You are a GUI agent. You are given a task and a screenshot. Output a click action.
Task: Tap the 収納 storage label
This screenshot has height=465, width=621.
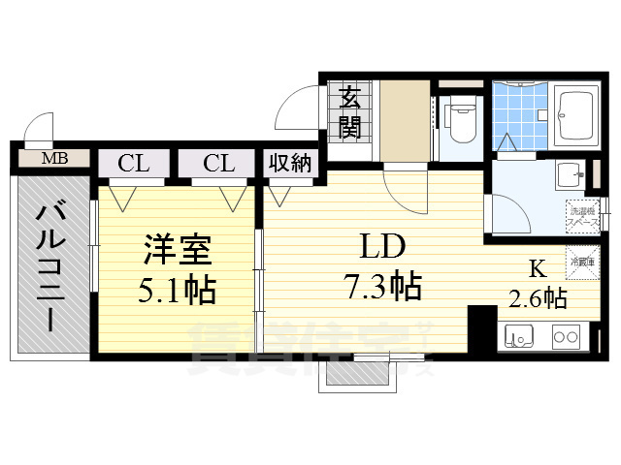click(289, 163)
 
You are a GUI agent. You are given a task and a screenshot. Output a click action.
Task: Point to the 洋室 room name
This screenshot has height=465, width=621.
click(177, 251)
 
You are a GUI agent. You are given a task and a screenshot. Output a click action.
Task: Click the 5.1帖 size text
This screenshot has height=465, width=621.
click(177, 289)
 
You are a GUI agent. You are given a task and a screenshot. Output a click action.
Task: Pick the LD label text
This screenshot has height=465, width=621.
click(382, 248)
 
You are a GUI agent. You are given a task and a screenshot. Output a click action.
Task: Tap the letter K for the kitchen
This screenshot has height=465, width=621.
click(536, 268)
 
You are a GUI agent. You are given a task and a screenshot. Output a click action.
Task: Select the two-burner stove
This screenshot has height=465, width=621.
click(567, 338)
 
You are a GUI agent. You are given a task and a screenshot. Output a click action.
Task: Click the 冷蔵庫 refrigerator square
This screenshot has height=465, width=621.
click(581, 262)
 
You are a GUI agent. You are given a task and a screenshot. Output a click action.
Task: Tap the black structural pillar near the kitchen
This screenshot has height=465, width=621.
click(480, 328)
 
